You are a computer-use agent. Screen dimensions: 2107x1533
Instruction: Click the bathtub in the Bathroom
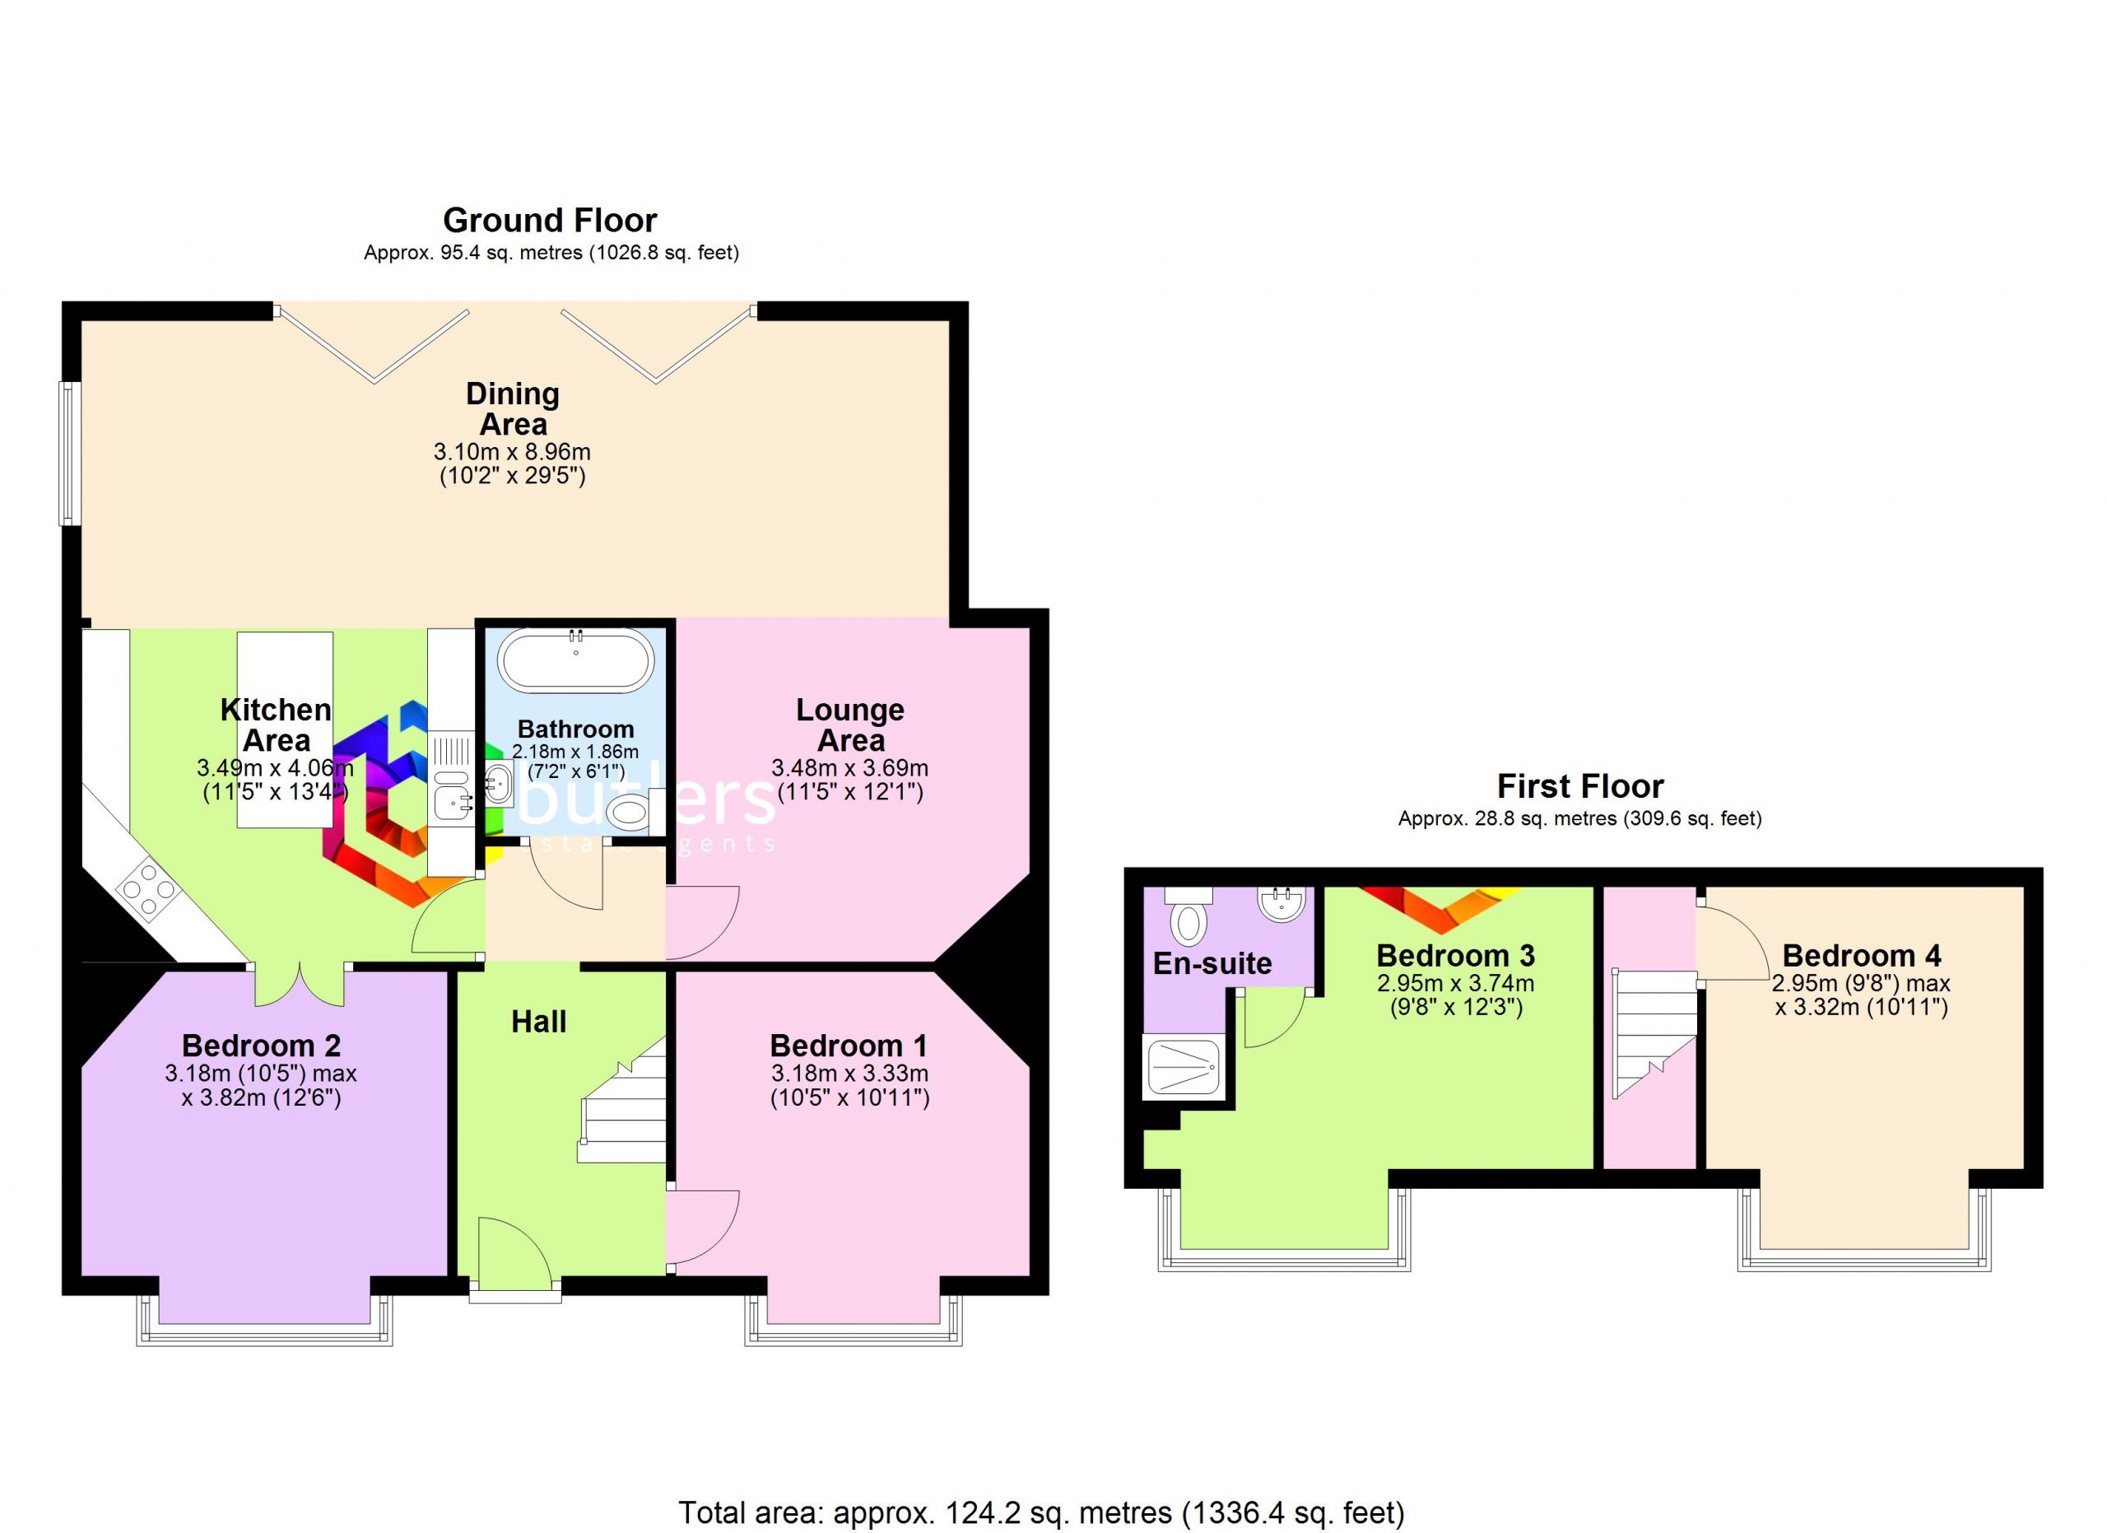click(x=576, y=660)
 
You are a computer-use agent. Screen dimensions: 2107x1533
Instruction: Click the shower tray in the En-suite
click(x=1184, y=1068)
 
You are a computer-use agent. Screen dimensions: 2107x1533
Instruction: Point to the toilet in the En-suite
click(x=1188, y=916)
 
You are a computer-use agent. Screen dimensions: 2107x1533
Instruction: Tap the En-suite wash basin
click(x=1282, y=903)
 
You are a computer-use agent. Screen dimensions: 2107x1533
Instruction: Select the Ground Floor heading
click(x=550, y=220)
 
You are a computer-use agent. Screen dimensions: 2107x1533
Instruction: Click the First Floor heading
click(x=1579, y=786)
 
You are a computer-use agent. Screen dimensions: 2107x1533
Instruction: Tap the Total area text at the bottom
click(x=1041, y=1512)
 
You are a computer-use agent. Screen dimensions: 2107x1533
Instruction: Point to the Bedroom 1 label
click(x=849, y=1046)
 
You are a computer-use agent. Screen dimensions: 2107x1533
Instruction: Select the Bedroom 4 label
click(x=1862, y=955)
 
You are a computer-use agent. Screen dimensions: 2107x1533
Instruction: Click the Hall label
click(x=539, y=1022)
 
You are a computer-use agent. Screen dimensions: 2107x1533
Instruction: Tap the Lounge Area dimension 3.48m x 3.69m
click(x=850, y=768)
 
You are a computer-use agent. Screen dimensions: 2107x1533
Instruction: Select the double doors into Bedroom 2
click(x=300, y=985)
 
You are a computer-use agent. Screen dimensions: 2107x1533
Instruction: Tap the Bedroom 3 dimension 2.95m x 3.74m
click(x=1456, y=983)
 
